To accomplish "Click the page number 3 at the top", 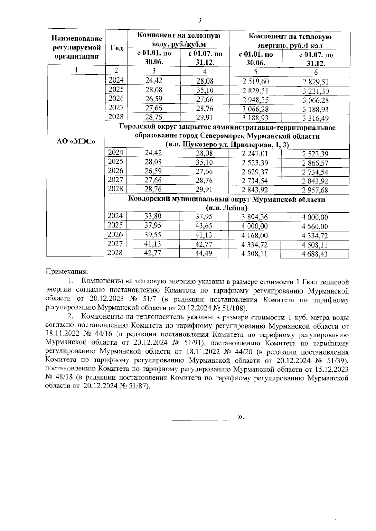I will point(199,21).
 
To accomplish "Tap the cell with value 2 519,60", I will point(255,82).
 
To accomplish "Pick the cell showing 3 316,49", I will point(315,119).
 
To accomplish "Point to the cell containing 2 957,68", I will point(315,190).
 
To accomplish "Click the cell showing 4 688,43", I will point(315,254).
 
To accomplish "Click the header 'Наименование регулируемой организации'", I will point(77,48).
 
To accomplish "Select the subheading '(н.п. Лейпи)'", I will point(226,208).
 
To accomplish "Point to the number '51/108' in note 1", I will point(233,308).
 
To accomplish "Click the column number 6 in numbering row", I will point(316,73).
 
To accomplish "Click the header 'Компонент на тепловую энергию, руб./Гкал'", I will point(290,41).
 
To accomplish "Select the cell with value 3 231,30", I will point(315,91).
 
